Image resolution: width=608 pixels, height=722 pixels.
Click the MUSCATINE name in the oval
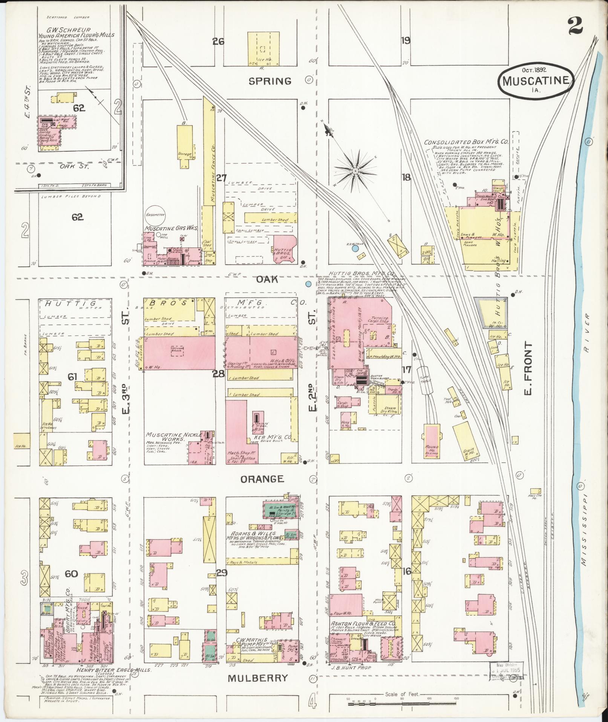[x=536, y=80]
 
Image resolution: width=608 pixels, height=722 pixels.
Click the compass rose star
[x=355, y=171]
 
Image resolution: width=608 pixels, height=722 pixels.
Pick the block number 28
[x=219, y=374]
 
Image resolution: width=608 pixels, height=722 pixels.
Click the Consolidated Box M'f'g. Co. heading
[x=466, y=142]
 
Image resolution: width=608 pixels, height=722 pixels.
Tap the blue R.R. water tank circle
[x=355, y=248]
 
